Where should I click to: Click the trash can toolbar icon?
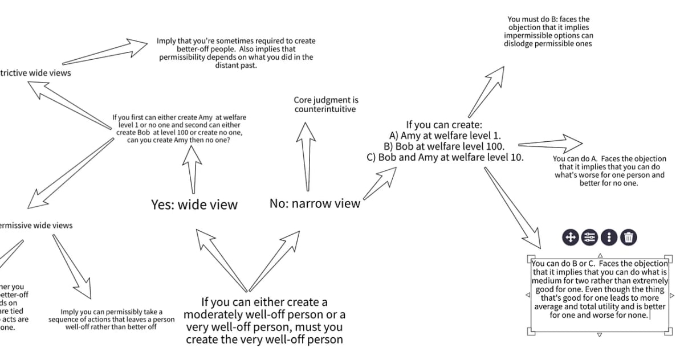click(628, 237)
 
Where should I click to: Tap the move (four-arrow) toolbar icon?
click(571, 237)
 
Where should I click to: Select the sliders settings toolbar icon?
click(590, 237)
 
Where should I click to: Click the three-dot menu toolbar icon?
click(609, 237)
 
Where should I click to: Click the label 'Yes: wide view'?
click(194, 205)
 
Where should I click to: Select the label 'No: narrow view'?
click(315, 203)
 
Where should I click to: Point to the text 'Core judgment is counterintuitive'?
click(325, 104)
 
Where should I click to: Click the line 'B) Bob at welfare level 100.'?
click(445, 146)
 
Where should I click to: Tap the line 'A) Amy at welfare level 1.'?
click(445, 136)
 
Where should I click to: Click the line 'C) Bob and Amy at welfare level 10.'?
click(445, 157)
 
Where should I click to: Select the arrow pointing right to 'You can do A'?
click(550, 142)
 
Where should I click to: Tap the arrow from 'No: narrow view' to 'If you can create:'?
click(380, 185)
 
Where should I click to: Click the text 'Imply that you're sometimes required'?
click(236, 42)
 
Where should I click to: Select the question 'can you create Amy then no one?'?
click(179, 140)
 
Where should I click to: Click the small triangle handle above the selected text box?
click(600, 255)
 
